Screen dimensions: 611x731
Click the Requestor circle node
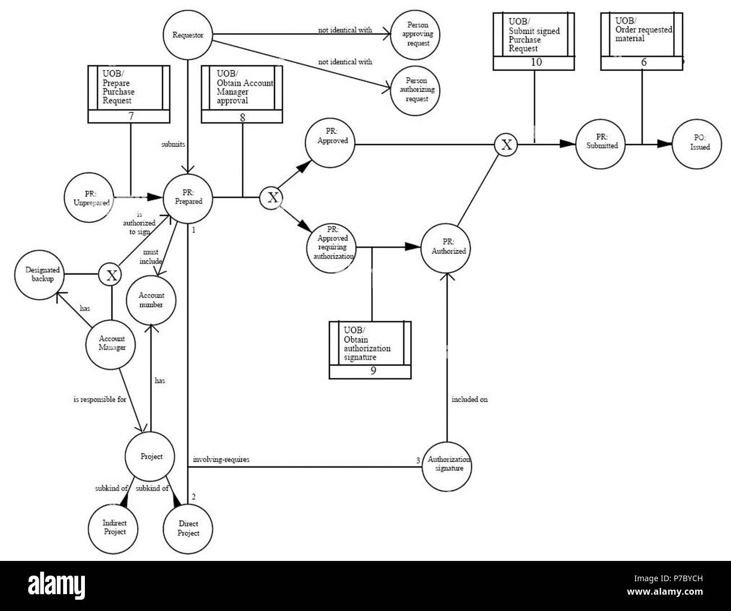(188, 35)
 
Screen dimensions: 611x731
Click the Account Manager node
(111, 343)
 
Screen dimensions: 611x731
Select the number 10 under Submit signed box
(536, 62)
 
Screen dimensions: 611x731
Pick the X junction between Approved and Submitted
(506, 145)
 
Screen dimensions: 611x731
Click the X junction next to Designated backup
(111, 275)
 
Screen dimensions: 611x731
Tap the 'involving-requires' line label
(221, 460)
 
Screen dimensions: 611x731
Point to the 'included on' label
(470, 399)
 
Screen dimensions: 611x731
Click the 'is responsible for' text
(100, 399)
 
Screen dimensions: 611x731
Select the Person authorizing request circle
(416, 90)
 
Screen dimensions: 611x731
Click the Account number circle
(151, 300)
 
